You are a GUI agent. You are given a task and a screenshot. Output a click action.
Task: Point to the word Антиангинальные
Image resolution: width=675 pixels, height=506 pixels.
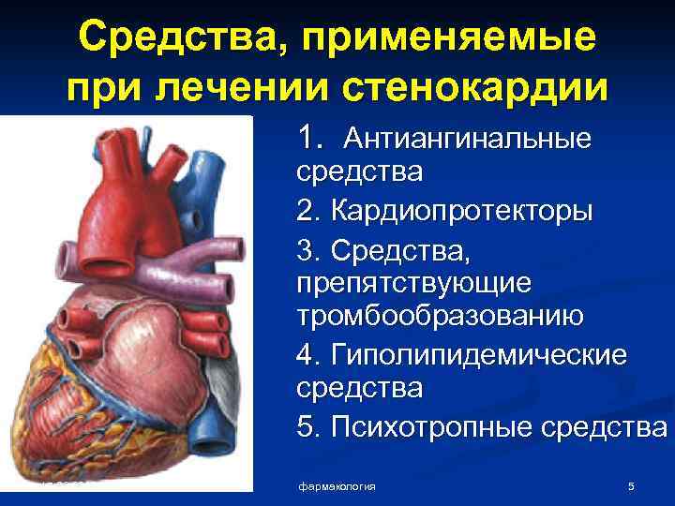click(x=468, y=140)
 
